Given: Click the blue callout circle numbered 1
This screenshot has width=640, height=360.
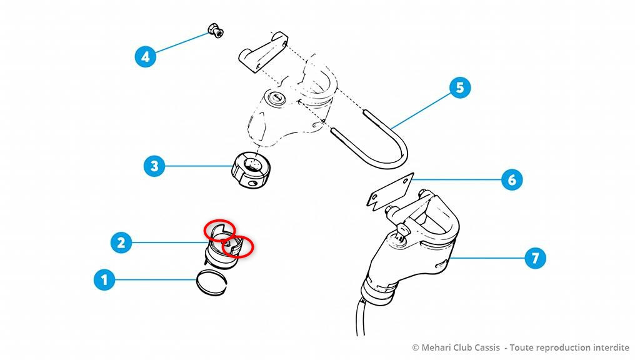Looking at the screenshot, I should (x=104, y=279).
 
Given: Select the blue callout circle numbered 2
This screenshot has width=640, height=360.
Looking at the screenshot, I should (x=121, y=242).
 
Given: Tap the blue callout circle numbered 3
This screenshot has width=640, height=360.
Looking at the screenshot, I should (x=154, y=166).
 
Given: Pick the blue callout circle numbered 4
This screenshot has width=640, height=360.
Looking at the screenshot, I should (x=146, y=57).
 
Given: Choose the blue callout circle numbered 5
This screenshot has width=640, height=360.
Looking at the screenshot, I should (x=460, y=87).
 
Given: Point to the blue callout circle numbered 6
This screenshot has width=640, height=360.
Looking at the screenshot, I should (x=512, y=181).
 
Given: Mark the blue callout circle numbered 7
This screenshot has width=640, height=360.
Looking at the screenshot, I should (x=534, y=257).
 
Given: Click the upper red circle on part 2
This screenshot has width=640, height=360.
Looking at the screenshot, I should (x=220, y=229).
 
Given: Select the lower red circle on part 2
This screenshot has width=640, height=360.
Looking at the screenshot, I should (x=237, y=246).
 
